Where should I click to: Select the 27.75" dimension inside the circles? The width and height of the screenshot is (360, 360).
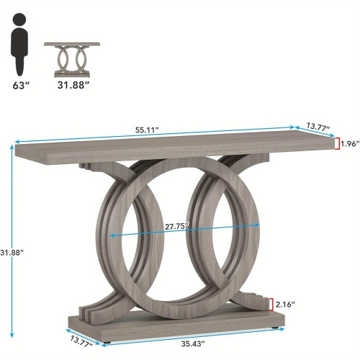[x=176, y=226]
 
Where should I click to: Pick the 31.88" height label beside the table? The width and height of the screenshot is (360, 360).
[x=12, y=252]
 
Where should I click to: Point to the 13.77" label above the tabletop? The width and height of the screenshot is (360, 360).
[x=318, y=127]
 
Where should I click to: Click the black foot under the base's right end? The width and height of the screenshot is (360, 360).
[x=277, y=328]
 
